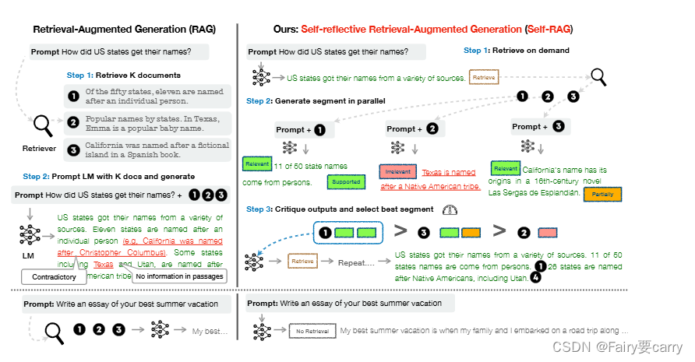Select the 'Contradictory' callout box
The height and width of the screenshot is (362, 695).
click(54, 276)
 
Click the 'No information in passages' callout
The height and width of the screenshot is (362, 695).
click(178, 276)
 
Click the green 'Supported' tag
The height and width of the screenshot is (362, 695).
click(346, 181)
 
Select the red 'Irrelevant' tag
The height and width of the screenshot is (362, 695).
click(398, 172)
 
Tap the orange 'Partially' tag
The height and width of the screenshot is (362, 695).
click(602, 195)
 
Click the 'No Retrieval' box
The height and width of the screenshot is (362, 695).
click(311, 330)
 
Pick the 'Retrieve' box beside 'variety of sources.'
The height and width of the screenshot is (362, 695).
click(483, 78)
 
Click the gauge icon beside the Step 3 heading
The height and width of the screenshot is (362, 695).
click(449, 210)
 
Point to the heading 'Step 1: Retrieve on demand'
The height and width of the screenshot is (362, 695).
click(517, 51)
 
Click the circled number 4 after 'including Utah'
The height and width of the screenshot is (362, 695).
click(535, 276)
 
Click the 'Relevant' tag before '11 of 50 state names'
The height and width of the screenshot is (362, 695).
click(256, 164)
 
